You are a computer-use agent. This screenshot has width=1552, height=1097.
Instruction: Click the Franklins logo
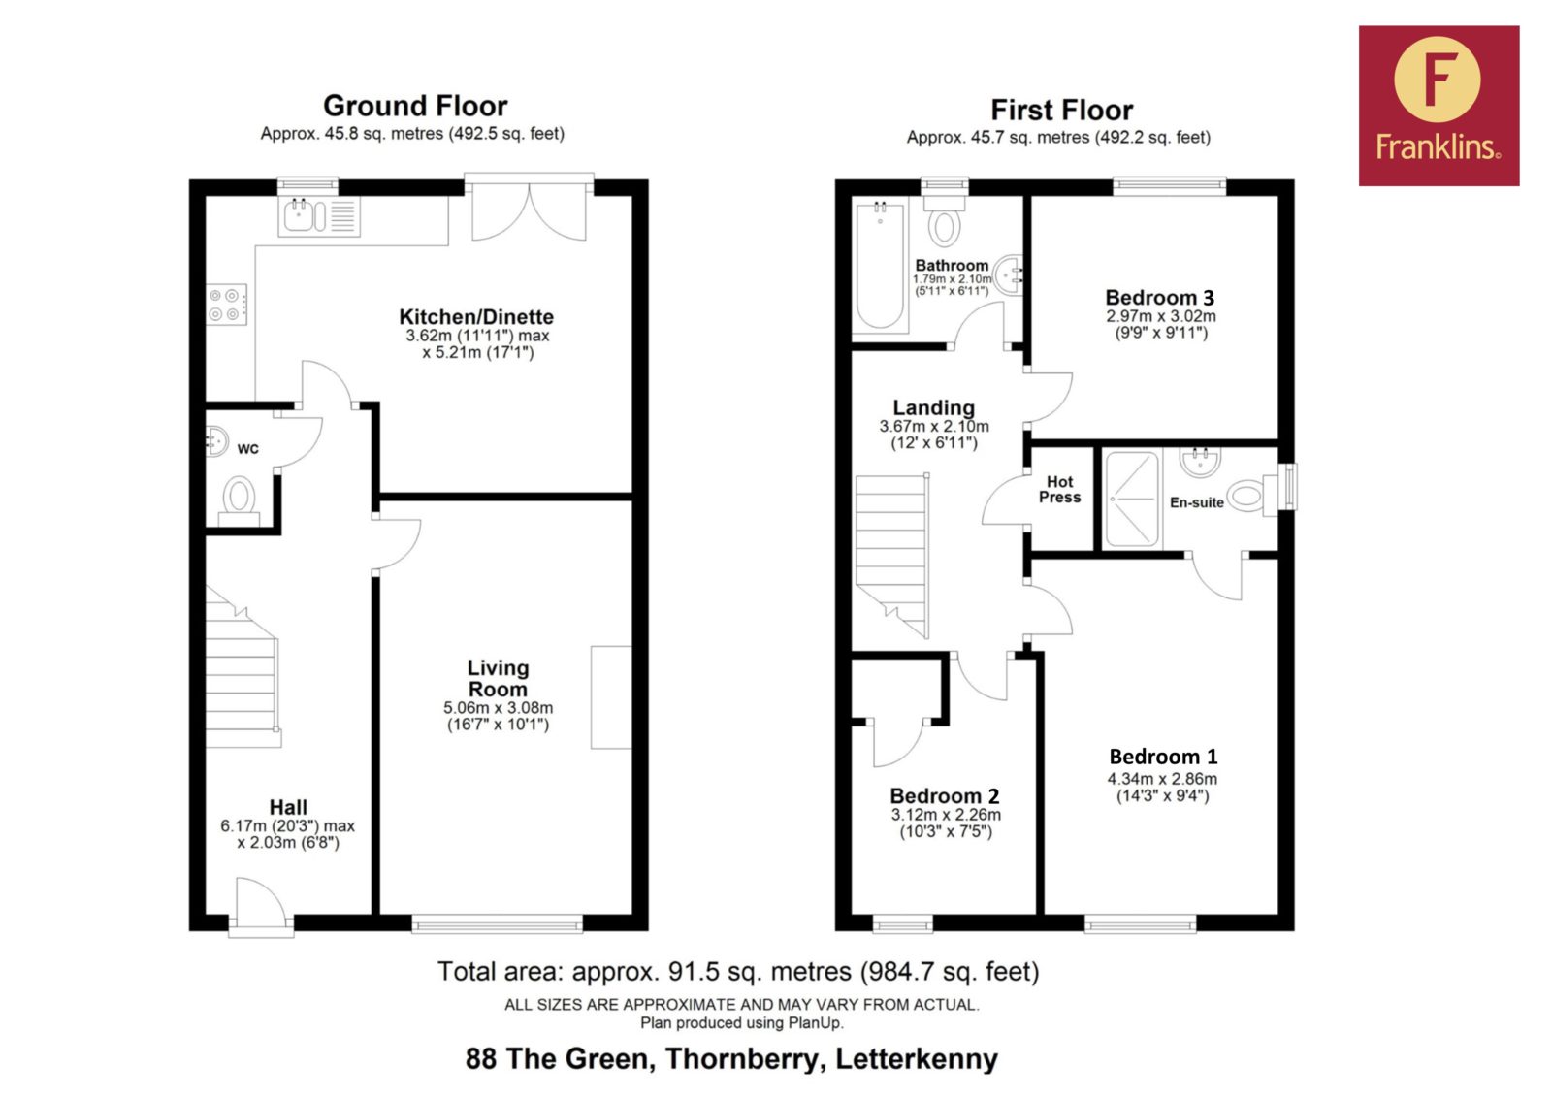(1439, 106)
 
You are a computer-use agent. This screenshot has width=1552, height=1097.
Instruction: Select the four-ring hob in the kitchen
(227, 304)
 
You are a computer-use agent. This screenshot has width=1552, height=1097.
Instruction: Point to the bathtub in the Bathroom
(880, 267)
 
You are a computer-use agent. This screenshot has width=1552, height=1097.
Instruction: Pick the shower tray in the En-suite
(1132, 499)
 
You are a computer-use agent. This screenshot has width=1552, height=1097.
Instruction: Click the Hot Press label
(1059, 489)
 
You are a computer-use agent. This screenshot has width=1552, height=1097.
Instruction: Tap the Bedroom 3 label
(1160, 298)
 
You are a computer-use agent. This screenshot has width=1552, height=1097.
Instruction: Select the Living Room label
(498, 678)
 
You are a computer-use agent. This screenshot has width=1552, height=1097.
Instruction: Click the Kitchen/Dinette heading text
(476, 317)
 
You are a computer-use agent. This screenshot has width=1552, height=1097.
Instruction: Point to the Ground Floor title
(415, 106)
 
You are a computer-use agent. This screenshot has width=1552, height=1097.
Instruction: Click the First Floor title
(1061, 111)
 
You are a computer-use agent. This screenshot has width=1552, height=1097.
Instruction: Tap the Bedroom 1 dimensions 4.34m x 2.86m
(1162, 779)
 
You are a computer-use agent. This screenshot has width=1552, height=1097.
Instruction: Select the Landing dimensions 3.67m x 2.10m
(934, 426)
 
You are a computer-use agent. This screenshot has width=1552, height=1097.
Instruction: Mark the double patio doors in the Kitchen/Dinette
(530, 207)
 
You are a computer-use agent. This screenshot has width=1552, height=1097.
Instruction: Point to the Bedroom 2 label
(945, 795)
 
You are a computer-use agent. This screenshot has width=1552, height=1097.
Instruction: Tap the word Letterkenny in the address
(917, 1059)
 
